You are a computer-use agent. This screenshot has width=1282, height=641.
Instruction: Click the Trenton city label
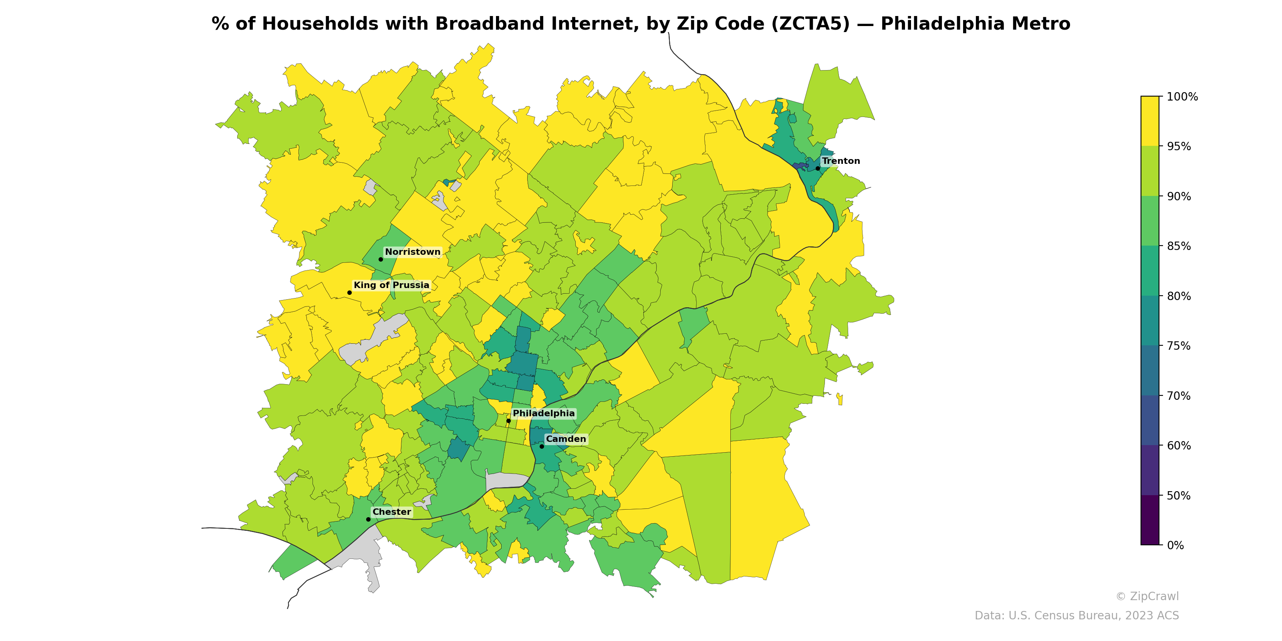point(841,161)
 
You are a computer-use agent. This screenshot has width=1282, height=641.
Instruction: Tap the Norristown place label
point(413,252)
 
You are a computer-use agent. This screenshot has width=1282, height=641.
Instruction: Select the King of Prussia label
point(391,285)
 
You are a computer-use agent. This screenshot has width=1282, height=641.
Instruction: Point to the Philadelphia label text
point(544,413)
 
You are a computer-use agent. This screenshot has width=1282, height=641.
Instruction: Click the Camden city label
point(566,439)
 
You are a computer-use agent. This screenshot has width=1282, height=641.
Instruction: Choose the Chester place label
point(392,512)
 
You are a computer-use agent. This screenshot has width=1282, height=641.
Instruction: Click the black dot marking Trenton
point(818,169)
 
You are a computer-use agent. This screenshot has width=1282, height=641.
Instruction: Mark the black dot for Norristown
point(381,259)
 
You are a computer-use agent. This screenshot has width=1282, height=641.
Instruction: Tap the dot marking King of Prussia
point(349,292)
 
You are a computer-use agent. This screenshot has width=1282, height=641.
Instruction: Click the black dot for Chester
point(368,520)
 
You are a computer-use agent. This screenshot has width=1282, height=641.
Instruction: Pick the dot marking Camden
point(542,446)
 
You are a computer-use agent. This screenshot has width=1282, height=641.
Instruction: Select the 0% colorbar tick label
point(1175,545)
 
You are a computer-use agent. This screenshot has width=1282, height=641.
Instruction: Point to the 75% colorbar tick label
point(1179,346)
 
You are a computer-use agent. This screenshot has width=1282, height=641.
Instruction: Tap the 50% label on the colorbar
point(1179,496)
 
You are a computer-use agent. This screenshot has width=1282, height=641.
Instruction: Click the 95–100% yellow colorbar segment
point(1150,121)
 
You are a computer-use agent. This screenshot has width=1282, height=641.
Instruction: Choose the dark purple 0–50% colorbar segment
point(1150,520)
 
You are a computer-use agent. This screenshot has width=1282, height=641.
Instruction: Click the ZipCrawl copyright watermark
point(1147,596)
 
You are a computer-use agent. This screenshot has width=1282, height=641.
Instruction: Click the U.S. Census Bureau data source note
point(1076,616)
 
